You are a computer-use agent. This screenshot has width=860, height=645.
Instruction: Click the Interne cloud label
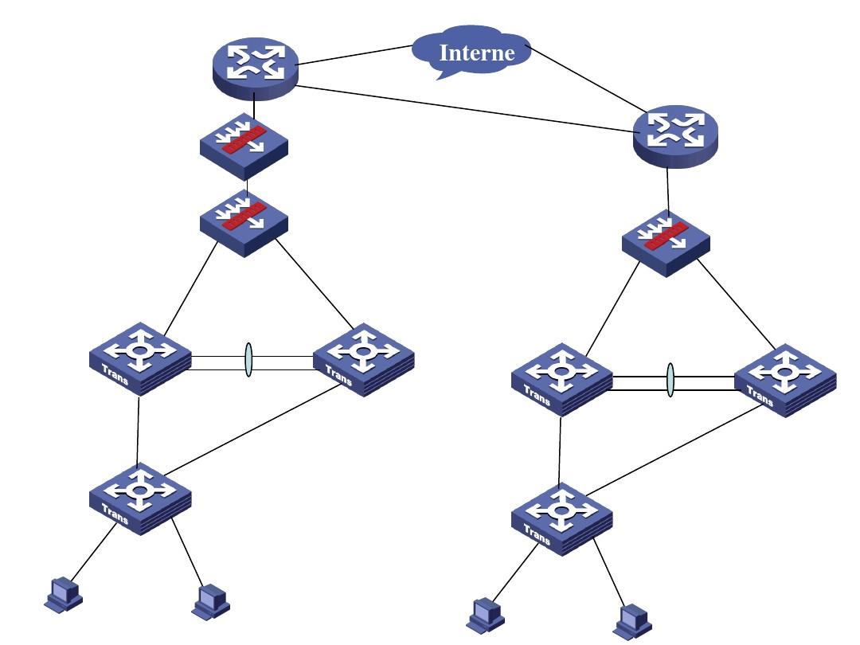coord(477,53)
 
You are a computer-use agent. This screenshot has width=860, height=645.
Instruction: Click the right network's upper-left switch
coord(562,378)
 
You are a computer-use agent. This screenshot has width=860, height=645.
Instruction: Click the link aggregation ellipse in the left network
coord(248,361)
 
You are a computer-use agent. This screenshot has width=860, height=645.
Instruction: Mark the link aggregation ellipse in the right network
coord(670,381)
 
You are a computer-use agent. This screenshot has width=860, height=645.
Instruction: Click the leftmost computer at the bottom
coord(64,593)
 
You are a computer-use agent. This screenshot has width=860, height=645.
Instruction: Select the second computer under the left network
coord(211,601)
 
